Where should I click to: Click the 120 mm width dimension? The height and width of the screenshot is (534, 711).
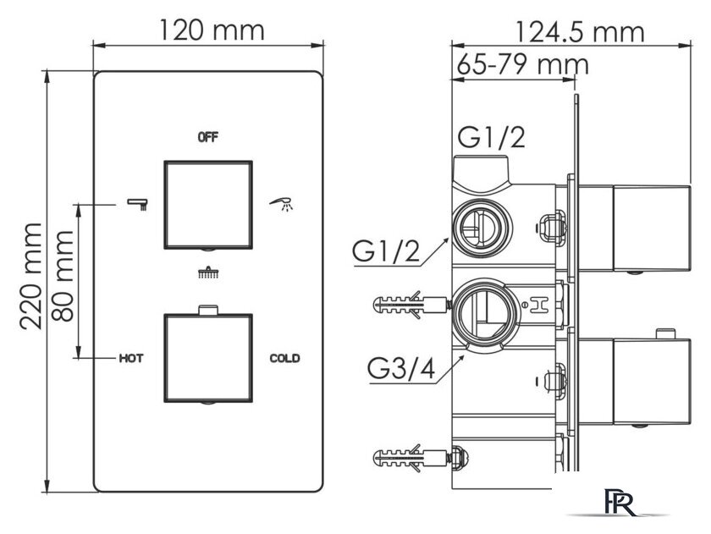(x=212, y=30)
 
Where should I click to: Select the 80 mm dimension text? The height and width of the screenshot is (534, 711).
(x=62, y=276)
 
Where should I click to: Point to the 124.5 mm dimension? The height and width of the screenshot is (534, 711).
(x=580, y=31)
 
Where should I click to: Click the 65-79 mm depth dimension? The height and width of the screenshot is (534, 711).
(x=522, y=64)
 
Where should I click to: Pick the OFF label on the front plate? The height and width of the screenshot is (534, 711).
(x=208, y=137)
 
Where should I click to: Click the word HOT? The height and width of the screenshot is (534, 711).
(x=131, y=359)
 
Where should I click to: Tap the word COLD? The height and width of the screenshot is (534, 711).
(x=284, y=359)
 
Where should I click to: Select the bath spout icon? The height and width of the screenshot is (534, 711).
(x=137, y=204)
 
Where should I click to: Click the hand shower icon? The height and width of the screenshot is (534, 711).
(x=281, y=204)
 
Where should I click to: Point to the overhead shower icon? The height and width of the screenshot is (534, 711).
(x=208, y=272)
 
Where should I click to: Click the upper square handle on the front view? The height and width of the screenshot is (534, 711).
(x=208, y=205)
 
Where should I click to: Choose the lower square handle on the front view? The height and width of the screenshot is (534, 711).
(x=208, y=358)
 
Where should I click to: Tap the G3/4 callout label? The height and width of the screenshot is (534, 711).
(x=401, y=369)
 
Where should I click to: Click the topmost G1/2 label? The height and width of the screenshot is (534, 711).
(x=491, y=137)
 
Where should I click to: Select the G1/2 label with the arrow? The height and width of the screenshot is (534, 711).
(x=386, y=252)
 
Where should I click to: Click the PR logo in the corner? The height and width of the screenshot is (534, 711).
(x=620, y=502)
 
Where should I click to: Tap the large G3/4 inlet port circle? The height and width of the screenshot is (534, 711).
(x=485, y=313)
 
